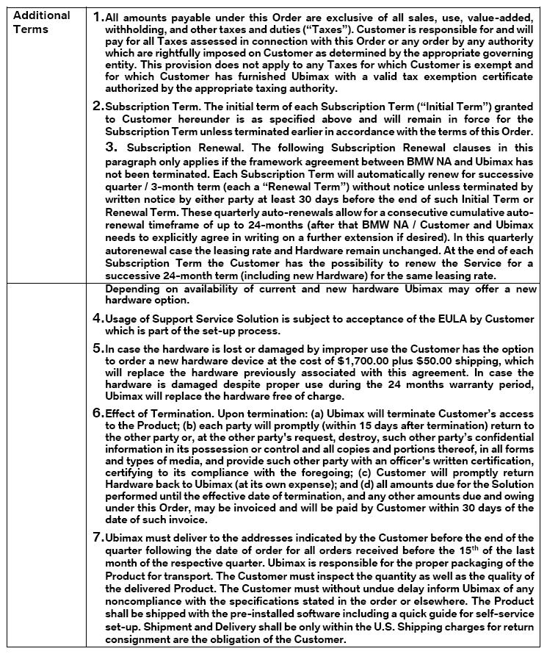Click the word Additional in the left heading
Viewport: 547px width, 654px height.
click(x=42, y=15)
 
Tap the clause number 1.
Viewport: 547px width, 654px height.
click(x=98, y=15)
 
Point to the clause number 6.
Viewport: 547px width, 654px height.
click(x=98, y=413)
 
